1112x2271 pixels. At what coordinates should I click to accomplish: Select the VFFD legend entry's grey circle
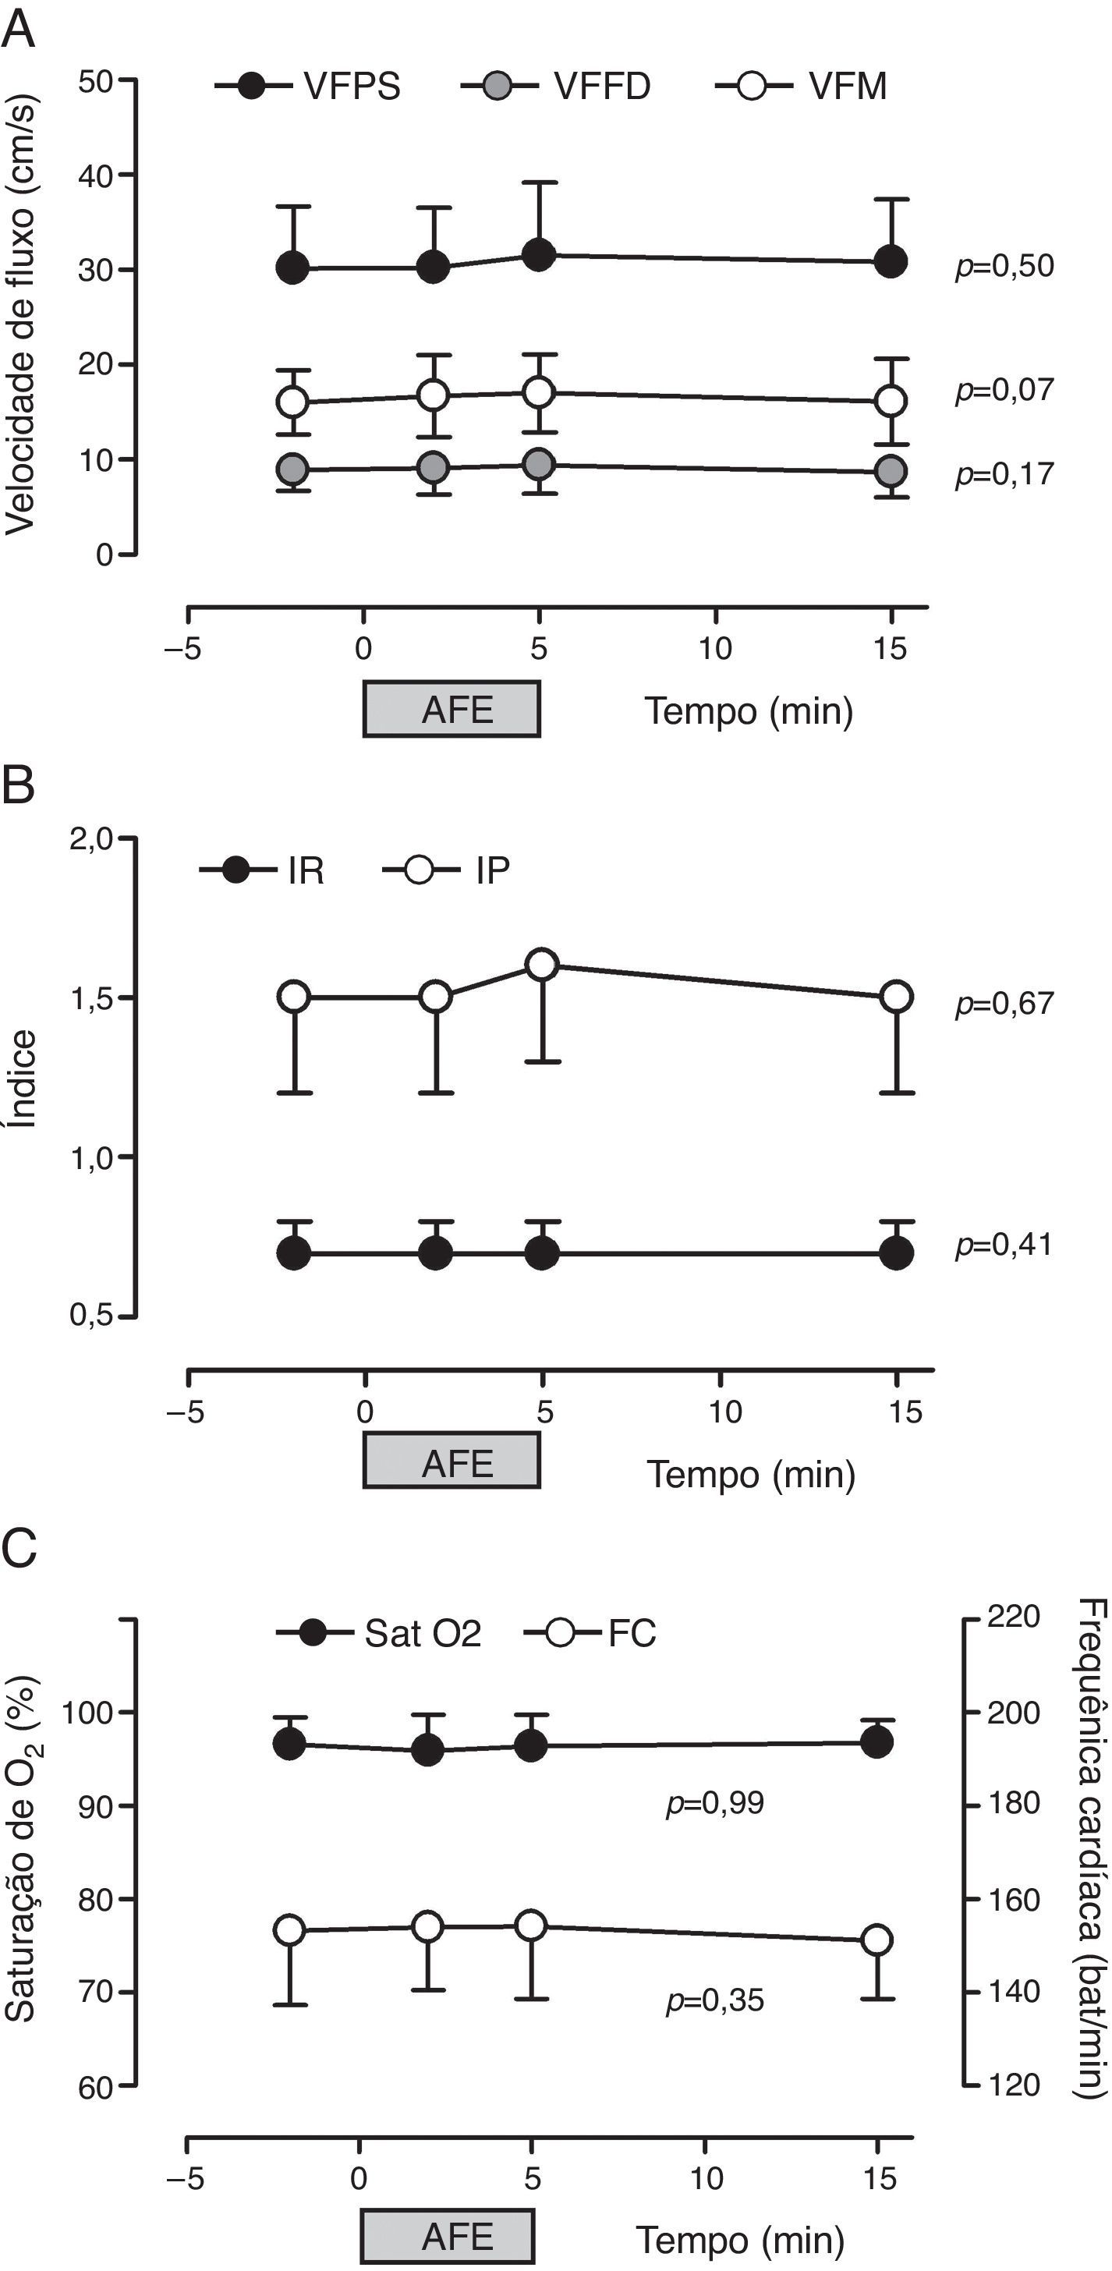click(498, 87)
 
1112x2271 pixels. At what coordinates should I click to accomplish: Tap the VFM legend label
click(848, 87)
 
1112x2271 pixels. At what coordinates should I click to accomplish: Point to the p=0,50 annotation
click(1004, 265)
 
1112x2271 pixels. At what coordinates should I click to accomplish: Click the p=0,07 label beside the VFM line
click(1004, 390)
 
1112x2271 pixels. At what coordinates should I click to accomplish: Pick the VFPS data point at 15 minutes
click(891, 262)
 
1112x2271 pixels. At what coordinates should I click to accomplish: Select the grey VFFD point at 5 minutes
click(538, 464)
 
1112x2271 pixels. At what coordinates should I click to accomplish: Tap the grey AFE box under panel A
click(452, 709)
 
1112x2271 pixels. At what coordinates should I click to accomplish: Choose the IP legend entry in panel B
click(492, 871)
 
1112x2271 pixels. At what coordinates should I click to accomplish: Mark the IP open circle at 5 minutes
click(541, 965)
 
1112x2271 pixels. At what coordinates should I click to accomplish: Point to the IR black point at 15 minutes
click(897, 1252)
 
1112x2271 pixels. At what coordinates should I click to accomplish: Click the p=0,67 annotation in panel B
click(1004, 1003)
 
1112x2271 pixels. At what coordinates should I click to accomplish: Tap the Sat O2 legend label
click(423, 1634)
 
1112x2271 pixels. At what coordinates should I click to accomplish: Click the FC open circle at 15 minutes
click(876, 1940)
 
